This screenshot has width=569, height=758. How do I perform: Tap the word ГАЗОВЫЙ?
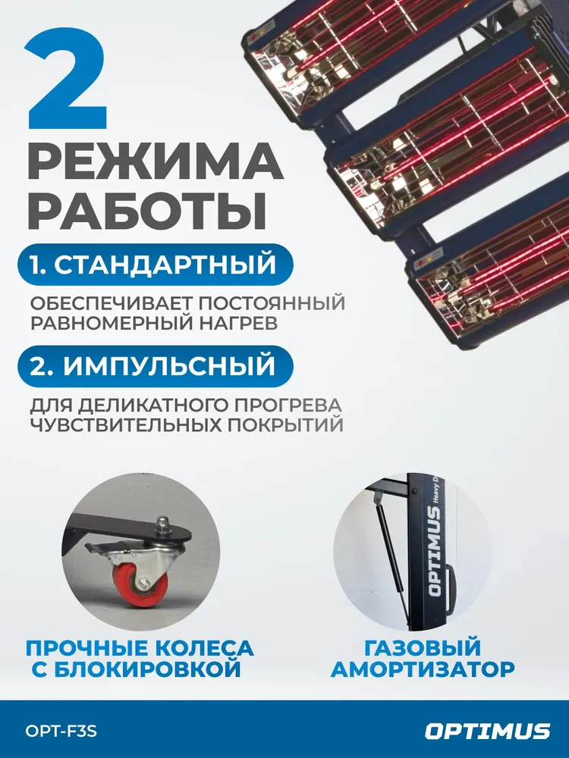coord(423,649)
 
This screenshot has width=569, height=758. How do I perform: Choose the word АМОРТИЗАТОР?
coord(423,670)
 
